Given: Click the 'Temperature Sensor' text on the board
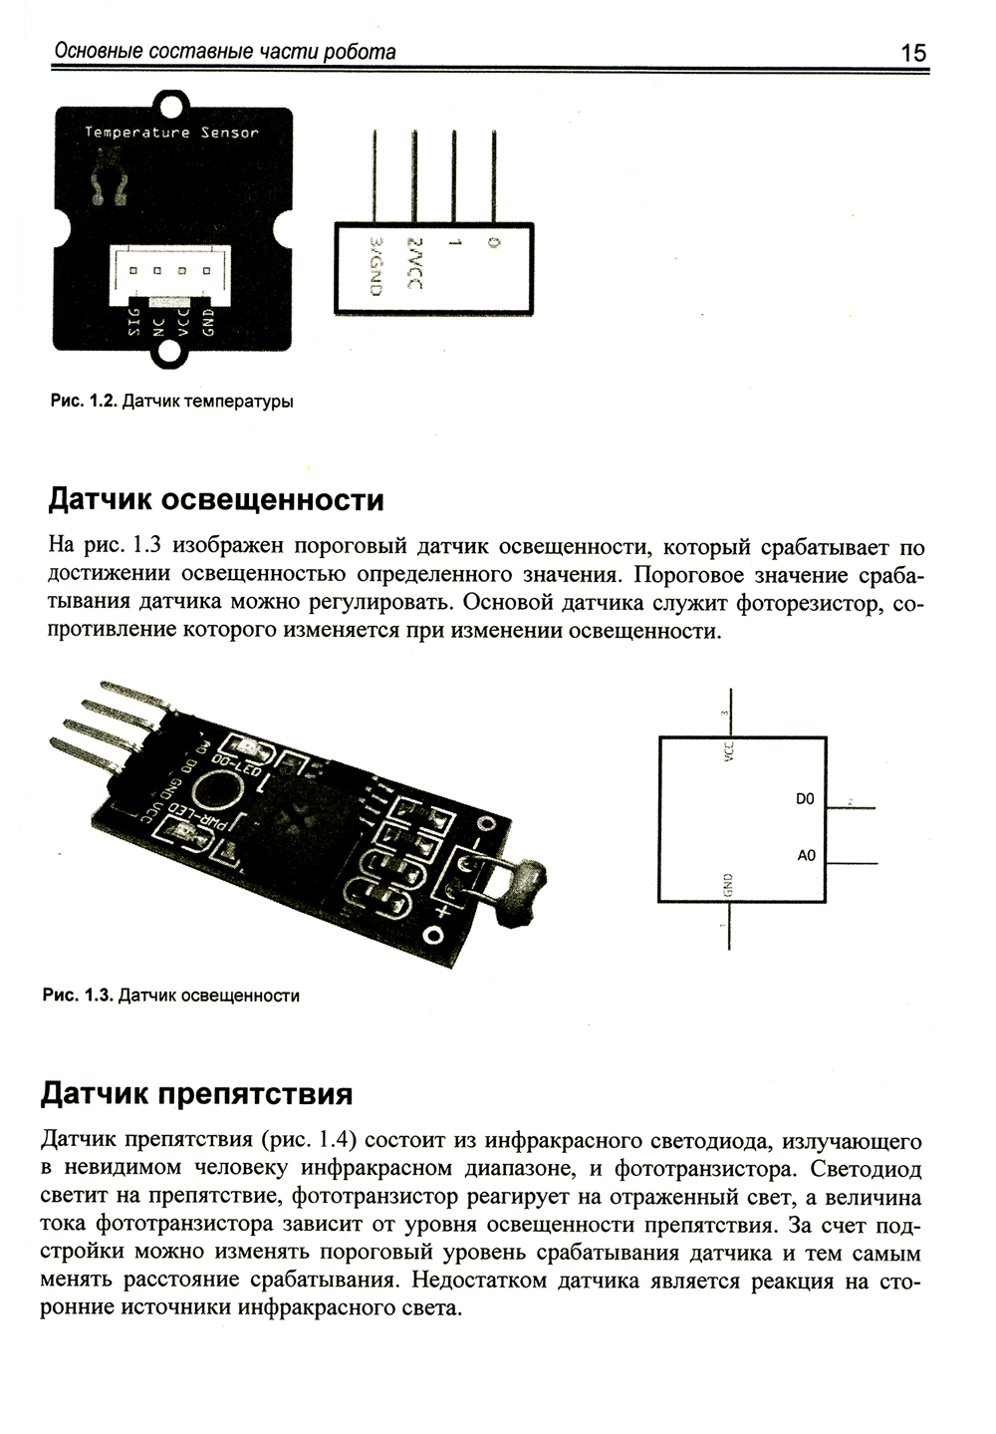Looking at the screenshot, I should coord(171,133).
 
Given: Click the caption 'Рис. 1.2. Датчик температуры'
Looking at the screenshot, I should coord(171,403).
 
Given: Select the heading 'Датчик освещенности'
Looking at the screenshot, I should coord(216,499).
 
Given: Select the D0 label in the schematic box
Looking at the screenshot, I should coord(805,799).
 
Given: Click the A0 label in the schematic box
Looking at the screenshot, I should coord(806,856).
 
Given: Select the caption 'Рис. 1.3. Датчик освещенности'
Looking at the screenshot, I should coord(170,996).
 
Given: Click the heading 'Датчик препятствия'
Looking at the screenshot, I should coord(196,1094).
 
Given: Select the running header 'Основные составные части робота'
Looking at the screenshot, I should coord(225,52).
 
